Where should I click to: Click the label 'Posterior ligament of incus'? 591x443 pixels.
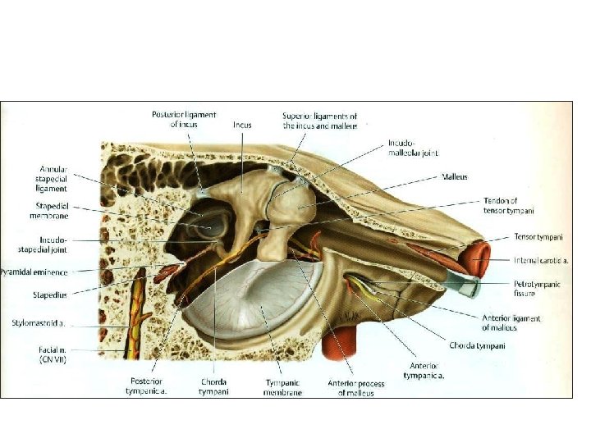[x=184, y=120]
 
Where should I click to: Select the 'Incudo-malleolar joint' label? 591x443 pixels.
[x=408, y=148]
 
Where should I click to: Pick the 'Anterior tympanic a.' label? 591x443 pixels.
[x=424, y=370]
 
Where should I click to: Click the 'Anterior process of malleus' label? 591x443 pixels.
[x=351, y=387]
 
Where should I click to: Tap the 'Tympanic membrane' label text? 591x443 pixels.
[x=283, y=387]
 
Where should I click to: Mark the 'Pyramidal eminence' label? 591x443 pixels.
[x=34, y=272]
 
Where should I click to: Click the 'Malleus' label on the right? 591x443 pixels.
[x=455, y=176]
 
